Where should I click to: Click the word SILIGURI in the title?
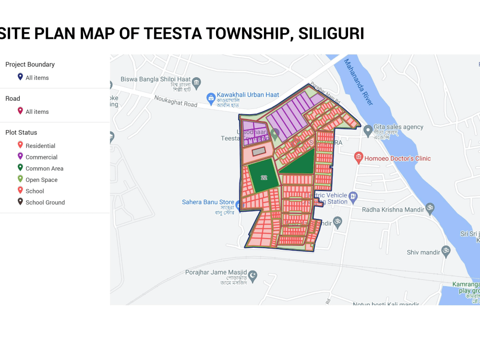(x=331, y=34)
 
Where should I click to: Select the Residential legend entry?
(x=40, y=146)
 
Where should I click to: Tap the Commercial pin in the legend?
(x=20, y=156)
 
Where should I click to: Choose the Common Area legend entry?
(x=44, y=168)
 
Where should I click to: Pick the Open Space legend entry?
(x=41, y=180)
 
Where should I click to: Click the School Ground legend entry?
(x=45, y=203)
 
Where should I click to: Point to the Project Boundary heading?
(x=30, y=64)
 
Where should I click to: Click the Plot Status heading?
(x=21, y=132)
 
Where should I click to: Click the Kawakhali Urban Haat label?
(x=248, y=95)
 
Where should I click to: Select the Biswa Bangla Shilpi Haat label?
(x=156, y=79)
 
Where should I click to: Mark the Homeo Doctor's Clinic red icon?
(x=358, y=157)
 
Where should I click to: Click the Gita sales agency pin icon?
(x=367, y=130)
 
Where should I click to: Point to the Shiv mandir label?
(x=422, y=252)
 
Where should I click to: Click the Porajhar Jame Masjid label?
(x=216, y=272)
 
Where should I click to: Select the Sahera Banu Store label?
(x=208, y=202)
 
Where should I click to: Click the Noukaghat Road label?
(x=176, y=101)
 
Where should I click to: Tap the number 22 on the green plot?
(x=264, y=178)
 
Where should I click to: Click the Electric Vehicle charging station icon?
(x=353, y=195)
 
